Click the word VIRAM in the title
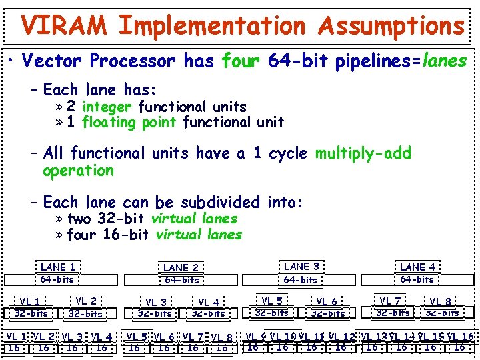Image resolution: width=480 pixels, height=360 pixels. (x=63, y=26)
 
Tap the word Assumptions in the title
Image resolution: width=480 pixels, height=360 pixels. (x=391, y=26)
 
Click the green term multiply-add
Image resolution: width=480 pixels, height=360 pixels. (x=363, y=153)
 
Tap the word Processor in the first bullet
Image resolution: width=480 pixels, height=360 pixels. (x=133, y=61)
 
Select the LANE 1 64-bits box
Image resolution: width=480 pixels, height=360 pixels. (x=58, y=273)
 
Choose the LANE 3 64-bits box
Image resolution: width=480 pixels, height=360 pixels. (x=301, y=273)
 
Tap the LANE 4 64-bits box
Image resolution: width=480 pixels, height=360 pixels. (x=417, y=273)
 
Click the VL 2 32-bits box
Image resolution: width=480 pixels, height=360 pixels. (x=86, y=307)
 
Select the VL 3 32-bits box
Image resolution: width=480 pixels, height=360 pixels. (x=155, y=308)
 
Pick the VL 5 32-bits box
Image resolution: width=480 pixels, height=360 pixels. (x=272, y=307)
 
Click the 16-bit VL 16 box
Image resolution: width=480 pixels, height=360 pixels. (x=460, y=341)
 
